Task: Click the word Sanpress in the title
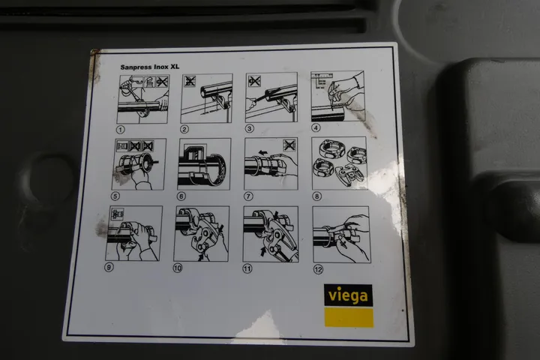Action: point(135,67)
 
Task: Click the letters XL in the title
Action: point(175,67)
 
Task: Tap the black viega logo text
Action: point(348,295)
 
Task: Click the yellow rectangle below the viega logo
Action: point(349,318)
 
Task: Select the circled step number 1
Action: point(120,130)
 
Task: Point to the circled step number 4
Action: point(316,127)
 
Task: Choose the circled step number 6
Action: point(181,196)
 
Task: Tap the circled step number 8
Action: point(316,196)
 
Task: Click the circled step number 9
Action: point(109,267)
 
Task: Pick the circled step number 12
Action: point(318,269)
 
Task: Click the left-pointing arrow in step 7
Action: point(262,152)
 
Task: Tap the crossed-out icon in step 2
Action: point(190,81)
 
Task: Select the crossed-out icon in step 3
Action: point(254,81)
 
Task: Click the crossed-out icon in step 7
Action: point(289,145)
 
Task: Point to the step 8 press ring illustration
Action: point(339,163)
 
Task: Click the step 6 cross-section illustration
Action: point(204,164)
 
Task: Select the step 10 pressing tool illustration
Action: point(201,233)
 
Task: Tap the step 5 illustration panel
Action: point(139,164)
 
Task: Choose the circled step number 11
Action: point(247,268)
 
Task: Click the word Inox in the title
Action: point(160,67)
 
